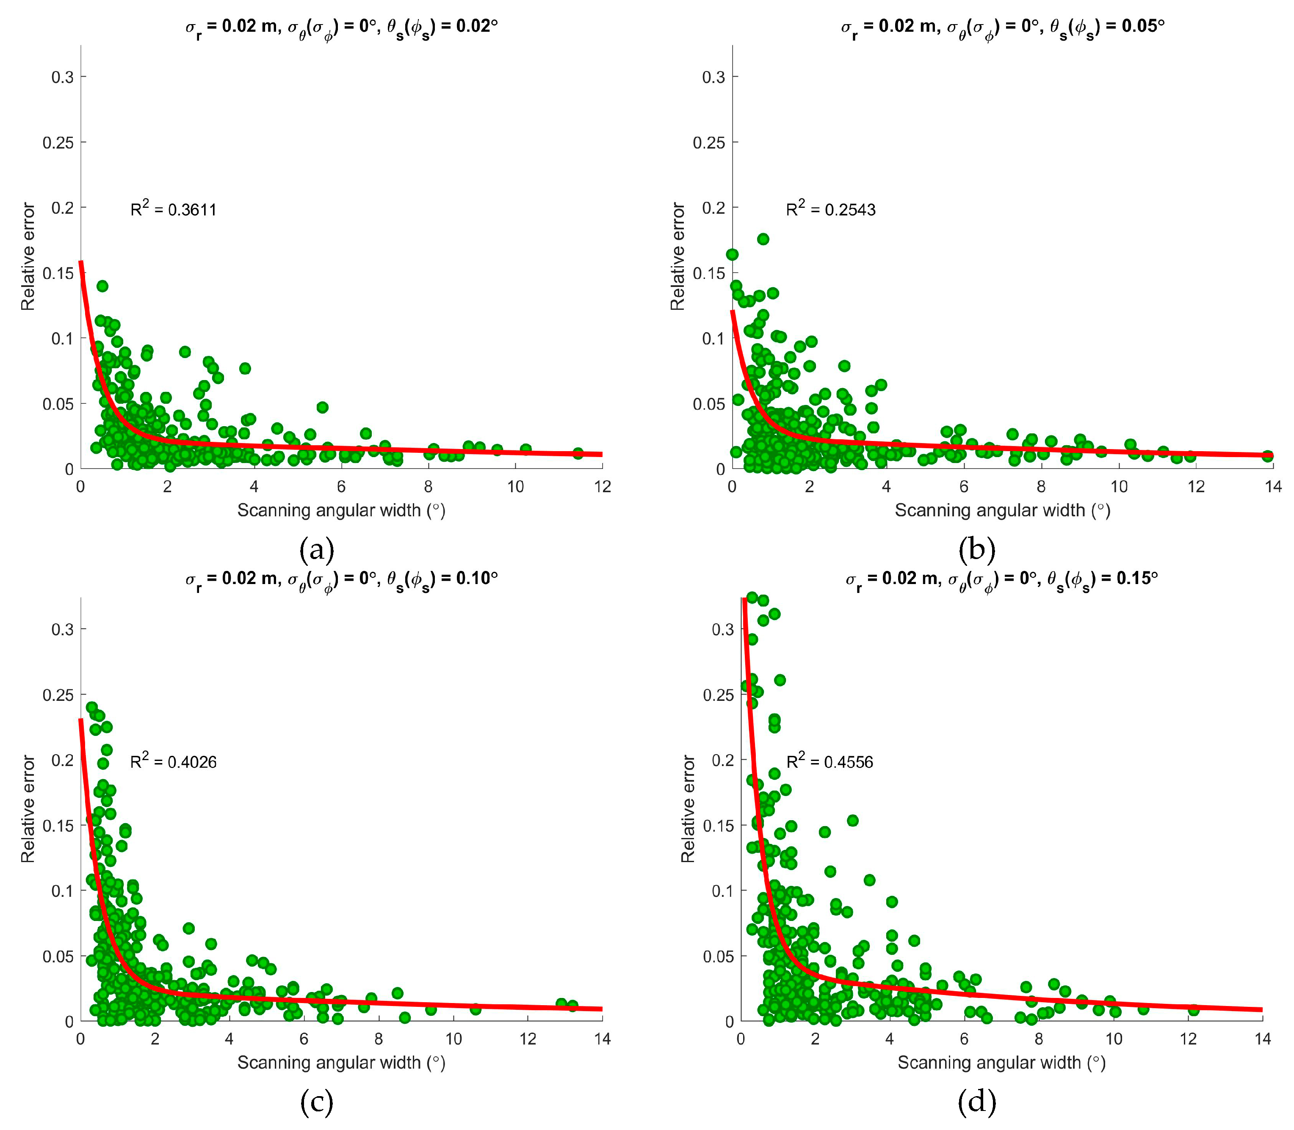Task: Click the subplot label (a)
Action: tap(317, 550)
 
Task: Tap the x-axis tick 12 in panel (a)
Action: tap(603, 486)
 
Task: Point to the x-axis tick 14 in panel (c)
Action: tap(603, 1039)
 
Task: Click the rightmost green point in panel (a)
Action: tap(577, 453)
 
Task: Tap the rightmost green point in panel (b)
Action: tap(1267, 456)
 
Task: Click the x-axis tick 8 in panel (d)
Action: tap(1039, 1039)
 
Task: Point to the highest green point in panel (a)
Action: tap(102, 286)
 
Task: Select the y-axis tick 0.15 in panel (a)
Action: tap(58, 273)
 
